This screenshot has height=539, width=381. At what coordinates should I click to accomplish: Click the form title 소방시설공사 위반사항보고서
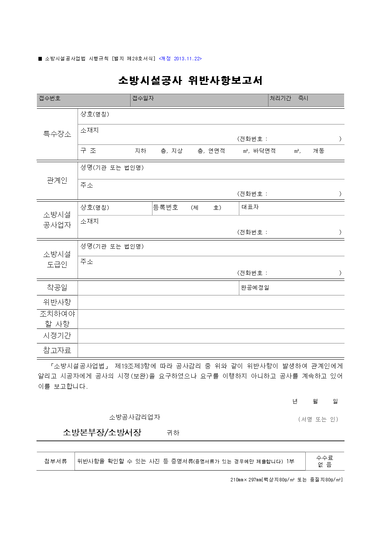[x=190, y=80]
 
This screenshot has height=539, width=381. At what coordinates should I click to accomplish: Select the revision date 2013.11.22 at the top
[x=187, y=59]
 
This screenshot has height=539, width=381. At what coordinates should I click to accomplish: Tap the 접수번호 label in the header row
[x=50, y=98]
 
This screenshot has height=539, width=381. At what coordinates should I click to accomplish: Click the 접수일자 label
[x=143, y=98]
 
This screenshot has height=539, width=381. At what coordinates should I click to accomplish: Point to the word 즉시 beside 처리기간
[x=303, y=98]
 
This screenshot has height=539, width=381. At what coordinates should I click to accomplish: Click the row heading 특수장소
[x=57, y=134]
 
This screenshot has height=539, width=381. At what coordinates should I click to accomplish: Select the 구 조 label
[x=88, y=151]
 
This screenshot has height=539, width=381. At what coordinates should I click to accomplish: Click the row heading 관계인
[x=57, y=180]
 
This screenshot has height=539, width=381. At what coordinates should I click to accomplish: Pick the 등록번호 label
[x=166, y=207]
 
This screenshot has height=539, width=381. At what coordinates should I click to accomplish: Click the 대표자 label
[x=250, y=207]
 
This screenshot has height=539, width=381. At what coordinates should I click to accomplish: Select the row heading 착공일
[x=57, y=287]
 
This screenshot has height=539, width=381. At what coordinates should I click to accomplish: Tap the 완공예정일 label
[x=255, y=288]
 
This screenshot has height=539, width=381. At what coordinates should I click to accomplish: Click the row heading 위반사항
[x=57, y=302]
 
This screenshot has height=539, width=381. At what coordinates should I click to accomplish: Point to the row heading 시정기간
[x=57, y=335]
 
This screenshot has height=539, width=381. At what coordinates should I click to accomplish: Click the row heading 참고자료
[x=57, y=350]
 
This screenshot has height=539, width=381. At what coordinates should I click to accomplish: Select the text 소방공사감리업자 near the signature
[x=134, y=417]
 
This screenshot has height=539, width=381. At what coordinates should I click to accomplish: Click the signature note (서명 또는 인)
[x=318, y=419]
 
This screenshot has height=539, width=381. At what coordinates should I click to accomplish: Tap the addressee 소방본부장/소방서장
[x=102, y=433]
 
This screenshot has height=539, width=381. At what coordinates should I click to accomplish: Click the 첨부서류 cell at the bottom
[x=56, y=461]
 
